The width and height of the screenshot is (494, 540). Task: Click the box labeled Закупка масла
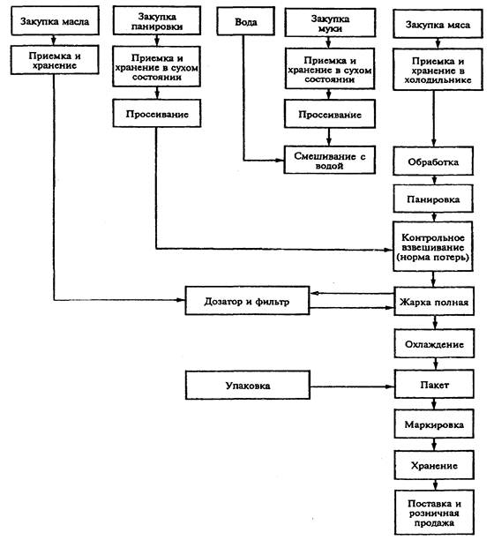pyautogui.click(x=55, y=21)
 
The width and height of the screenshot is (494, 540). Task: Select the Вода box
pyautogui.click(x=246, y=21)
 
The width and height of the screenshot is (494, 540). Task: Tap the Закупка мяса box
pyautogui.click(x=438, y=24)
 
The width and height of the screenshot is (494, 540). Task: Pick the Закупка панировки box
pyautogui.click(x=157, y=20)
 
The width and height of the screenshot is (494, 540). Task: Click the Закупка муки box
pyautogui.click(x=330, y=23)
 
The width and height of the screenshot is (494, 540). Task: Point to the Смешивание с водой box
pyautogui.click(x=329, y=160)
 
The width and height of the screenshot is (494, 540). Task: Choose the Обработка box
pyautogui.click(x=433, y=161)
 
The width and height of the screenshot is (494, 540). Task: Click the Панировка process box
pyautogui.click(x=433, y=199)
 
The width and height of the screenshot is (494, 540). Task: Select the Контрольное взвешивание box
pyautogui.click(x=433, y=247)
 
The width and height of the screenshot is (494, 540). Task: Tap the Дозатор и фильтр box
pyautogui.click(x=247, y=301)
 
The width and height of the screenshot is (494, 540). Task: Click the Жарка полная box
pyautogui.click(x=434, y=302)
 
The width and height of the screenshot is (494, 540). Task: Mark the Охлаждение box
pyautogui.click(x=434, y=344)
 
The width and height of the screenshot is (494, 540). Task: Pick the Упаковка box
pyautogui.click(x=248, y=385)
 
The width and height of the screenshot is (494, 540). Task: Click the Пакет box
pyautogui.click(x=434, y=385)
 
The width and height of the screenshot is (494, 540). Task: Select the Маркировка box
pyautogui.click(x=434, y=424)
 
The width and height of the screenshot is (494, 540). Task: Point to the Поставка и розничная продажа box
pyautogui.click(x=434, y=513)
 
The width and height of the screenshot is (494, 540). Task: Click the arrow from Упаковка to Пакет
pyautogui.click(x=352, y=386)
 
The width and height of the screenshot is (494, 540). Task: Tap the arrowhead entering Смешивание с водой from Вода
pyautogui.click(x=279, y=160)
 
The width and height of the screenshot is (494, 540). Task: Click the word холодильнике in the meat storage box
pyautogui.click(x=438, y=80)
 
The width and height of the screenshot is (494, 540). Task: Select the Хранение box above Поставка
pyautogui.click(x=434, y=465)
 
